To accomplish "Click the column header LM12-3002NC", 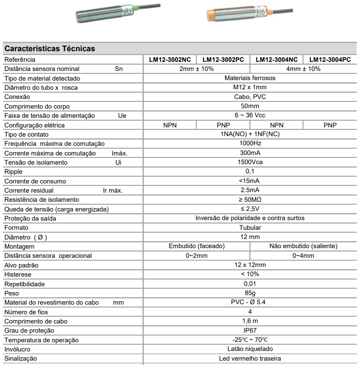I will click(x=170, y=59).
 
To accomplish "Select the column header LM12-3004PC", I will click(x=330, y=59).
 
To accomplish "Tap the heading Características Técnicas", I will click(x=50, y=49).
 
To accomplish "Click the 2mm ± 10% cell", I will click(x=196, y=69).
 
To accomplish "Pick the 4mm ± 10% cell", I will click(x=303, y=69).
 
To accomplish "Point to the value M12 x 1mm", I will click(x=250, y=87).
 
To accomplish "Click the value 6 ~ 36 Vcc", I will click(x=250, y=115).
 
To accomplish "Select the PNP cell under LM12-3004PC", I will click(x=330, y=125).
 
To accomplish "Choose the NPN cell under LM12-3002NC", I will click(x=170, y=125).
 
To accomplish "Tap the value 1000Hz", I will click(x=250, y=143).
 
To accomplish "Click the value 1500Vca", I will click(x=250, y=162).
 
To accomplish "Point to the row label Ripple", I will click(x=14, y=171).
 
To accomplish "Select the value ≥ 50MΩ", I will click(x=250, y=199).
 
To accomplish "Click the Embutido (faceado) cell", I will click(x=196, y=246).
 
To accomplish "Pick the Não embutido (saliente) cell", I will click(x=304, y=246).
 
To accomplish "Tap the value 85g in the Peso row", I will click(x=250, y=293).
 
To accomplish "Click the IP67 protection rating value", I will click(x=250, y=330).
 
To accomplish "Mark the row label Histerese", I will click(x=18, y=274).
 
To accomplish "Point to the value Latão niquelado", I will click(x=250, y=349).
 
